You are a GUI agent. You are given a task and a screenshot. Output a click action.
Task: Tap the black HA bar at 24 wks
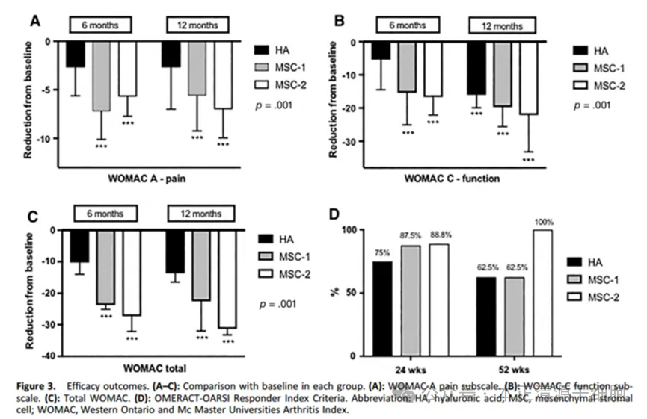[x=382, y=307]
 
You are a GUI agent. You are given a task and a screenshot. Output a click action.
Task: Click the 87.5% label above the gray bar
[x=409, y=238]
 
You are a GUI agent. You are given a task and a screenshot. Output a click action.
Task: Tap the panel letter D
[x=336, y=214]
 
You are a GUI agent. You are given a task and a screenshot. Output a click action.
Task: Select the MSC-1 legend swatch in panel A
[x=263, y=67]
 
